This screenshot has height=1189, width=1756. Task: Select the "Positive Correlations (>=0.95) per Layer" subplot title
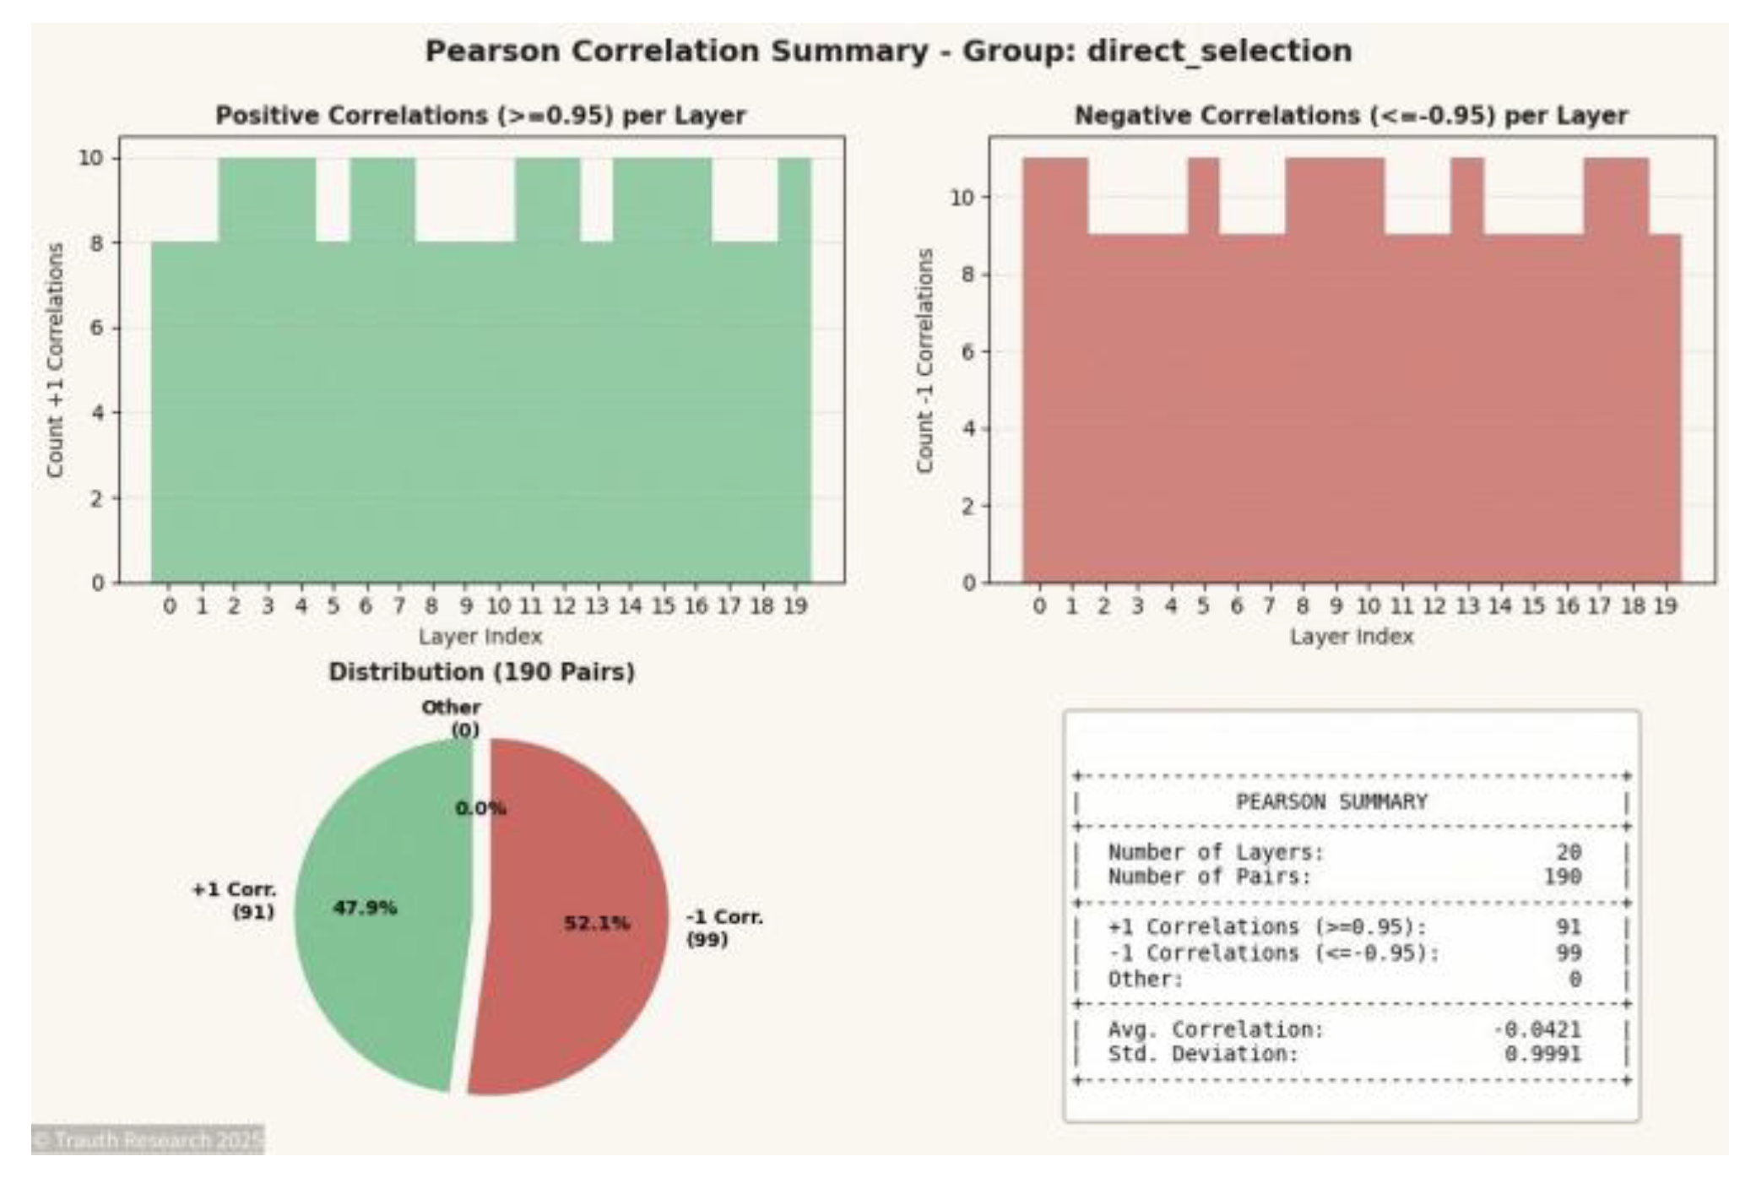click(480, 115)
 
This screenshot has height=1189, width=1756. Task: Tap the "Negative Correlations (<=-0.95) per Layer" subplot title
click(1351, 115)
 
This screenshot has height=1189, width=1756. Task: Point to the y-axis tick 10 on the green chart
click(91, 158)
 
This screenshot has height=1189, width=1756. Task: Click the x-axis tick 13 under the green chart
click(596, 605)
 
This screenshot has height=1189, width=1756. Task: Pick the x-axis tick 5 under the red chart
click(1202, 605)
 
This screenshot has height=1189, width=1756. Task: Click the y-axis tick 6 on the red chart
click(968, 351)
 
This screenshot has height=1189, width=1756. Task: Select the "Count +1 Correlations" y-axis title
click(56, 361)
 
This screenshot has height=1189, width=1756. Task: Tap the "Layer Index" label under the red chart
click(1351, 636)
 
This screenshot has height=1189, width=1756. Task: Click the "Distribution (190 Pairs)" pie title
click(481, 672)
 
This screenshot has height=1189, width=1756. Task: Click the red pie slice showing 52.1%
click(583, 954)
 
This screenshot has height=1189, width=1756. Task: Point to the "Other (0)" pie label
click(452, 718)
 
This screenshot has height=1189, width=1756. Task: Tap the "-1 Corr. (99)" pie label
click(724, 928)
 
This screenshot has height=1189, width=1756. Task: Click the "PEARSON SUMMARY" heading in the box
click(1331, 801)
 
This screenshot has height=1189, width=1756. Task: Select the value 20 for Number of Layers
click(1568, 852)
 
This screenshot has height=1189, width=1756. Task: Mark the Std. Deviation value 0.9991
click(1542, 1054)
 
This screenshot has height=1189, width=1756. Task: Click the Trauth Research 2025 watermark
click(148, 1140)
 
